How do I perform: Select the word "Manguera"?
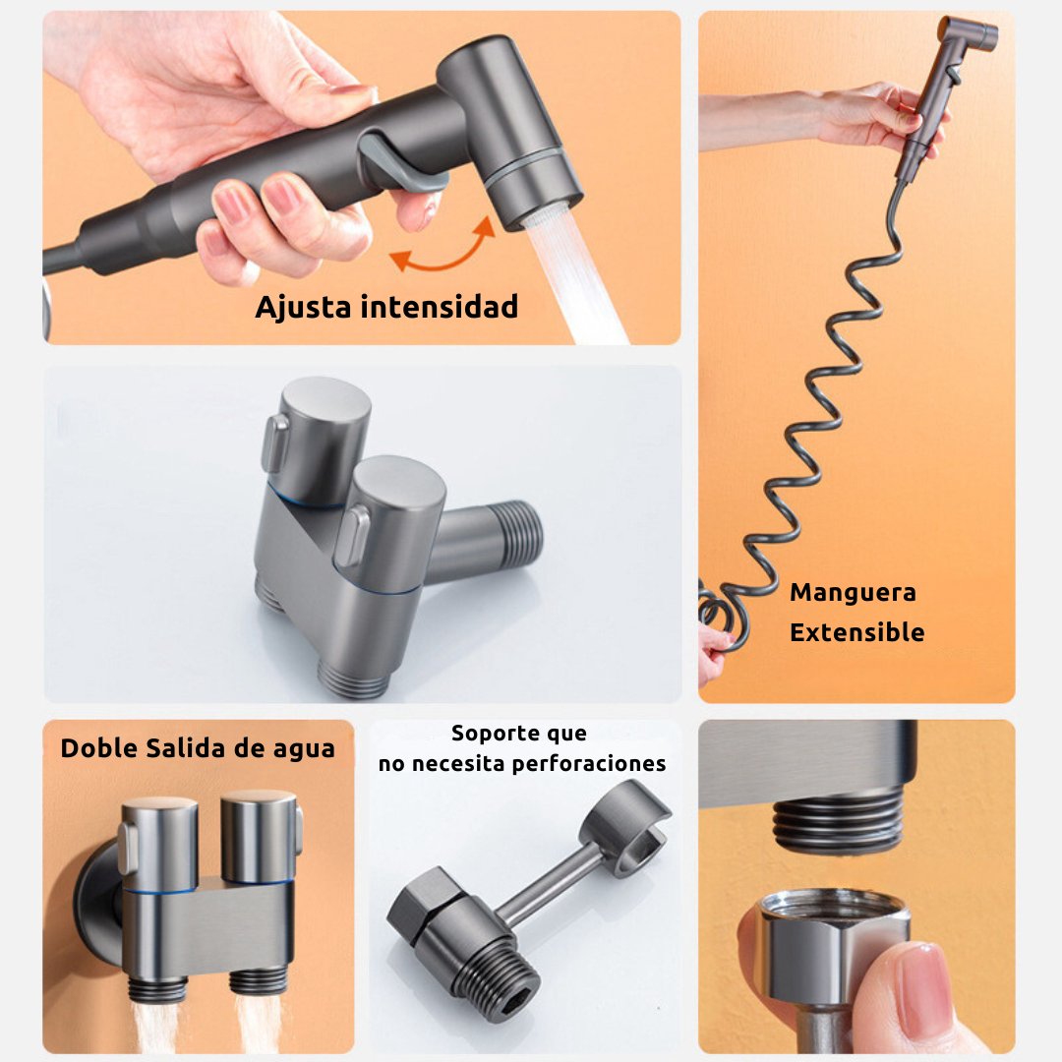(x=854, y=593)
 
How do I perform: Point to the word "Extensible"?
(x=857, y=632)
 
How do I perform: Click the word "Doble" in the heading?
(x=97, y=748)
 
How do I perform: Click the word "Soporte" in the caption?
(x=497, y=734)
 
